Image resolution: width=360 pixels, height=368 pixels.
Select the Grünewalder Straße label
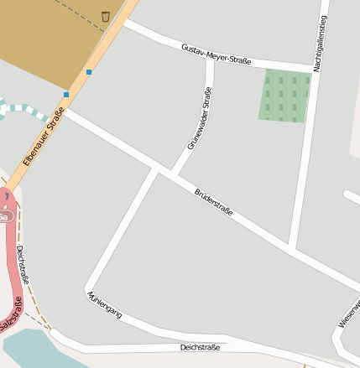click(198, 118)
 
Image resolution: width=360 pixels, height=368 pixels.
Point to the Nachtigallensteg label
click(321, 43)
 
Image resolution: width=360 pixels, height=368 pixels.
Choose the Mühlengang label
click(104, 304)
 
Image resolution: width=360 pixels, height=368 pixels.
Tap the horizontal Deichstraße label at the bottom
click(200, 347)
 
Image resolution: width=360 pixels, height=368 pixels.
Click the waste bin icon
click(105, 16)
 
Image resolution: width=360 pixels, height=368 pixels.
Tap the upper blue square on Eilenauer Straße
click(89, 72)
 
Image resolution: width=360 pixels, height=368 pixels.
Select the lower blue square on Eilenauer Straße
click(66, 95)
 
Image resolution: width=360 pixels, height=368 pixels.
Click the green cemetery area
click(283, 96)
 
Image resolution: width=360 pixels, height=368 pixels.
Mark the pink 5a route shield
click(4, 217)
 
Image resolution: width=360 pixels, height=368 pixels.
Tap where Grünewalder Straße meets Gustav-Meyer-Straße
click(210, 60)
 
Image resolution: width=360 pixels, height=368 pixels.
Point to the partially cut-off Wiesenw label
click(349, 312)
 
